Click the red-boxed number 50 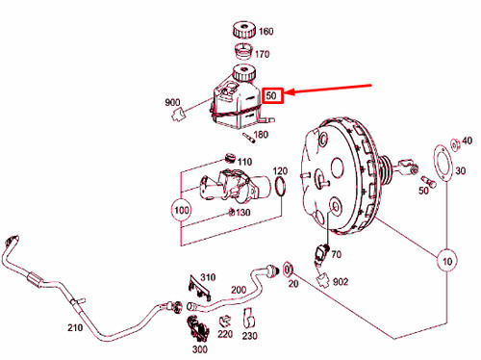pos(272,95)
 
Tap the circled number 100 pos(181,208)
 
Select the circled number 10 pos(446,260)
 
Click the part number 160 pos(266,30)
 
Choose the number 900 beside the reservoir pos(172,103)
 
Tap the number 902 pos(340,281)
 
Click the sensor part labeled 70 pos(321,252)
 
